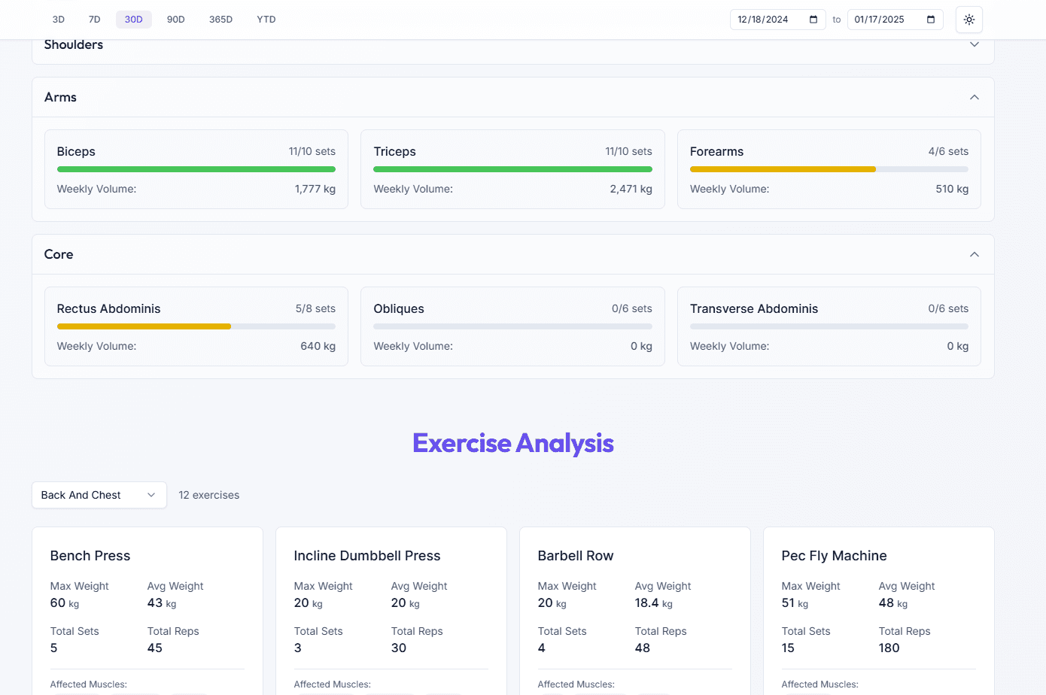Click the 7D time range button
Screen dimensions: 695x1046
[94, 20]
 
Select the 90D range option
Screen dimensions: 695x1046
[175, 20]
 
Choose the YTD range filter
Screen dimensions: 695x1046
[266, 20]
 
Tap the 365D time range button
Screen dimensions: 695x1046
[220, 20]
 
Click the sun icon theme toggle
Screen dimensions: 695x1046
[968, 20]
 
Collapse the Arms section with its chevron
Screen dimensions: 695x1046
[974, 97]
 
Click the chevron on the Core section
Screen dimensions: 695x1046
[974, 254]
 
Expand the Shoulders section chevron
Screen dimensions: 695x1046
[974, 44]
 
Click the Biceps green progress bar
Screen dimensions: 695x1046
[196, 169]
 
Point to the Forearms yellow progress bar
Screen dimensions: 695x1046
[783, 169]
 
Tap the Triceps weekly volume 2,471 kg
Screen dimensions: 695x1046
[631, 189]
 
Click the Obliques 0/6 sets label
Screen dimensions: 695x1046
[631, 308]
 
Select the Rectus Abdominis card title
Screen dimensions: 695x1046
[108, 308]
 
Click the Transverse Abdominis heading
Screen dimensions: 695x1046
[753, 308]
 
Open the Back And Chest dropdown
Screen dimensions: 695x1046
[99, 495]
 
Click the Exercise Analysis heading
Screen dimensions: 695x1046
[512, 443]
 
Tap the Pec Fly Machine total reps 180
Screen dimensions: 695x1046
[889, 648]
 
